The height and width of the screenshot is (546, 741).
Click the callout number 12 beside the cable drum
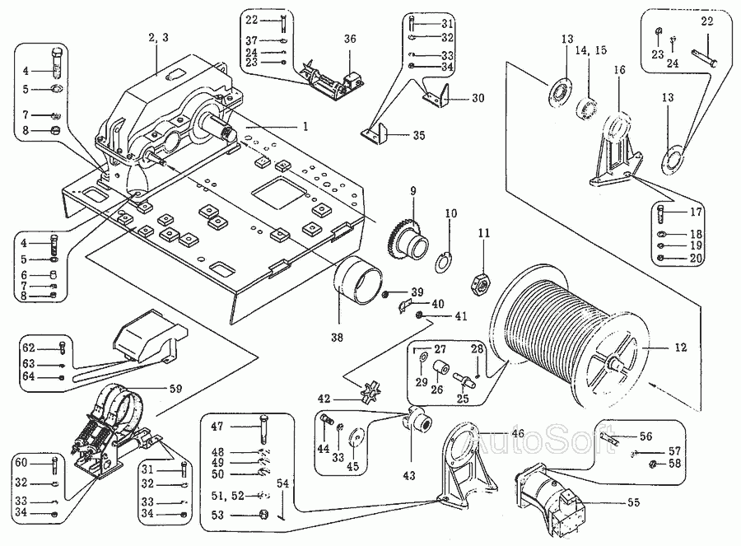coord(681,348)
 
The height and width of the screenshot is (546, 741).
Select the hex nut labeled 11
coord(481,282)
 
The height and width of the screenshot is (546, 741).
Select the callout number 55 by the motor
coord(633,502)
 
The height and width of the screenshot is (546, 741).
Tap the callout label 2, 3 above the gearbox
coord(158,38)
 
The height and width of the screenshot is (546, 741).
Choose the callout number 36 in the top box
coord(350,39)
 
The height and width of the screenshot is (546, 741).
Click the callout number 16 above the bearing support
coord(619,70)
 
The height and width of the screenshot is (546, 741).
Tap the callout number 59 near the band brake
coord(175,389)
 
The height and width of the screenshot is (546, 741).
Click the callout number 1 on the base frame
coord(305,126)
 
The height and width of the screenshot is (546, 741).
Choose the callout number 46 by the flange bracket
coord(519,433)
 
